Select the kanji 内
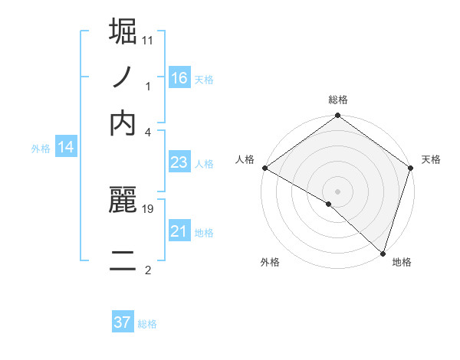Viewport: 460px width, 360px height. tap(123, 123)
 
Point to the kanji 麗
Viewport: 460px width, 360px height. tap(123, 201)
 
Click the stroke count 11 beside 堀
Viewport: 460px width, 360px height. tap(148, 38)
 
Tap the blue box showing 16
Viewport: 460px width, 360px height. tap(179, 77)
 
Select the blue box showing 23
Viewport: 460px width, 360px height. tap(179, 162)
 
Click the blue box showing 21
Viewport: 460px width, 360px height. tap(179, 231)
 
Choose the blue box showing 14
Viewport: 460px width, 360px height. tap(65, 148)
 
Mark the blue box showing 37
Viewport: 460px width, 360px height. tap(122, 322)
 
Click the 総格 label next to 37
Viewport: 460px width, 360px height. tap(147, 324)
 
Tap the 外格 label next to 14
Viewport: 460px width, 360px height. tap(41, 149)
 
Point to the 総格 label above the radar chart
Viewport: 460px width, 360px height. tap(338, 100)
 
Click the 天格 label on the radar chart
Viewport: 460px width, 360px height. tap(432, 159)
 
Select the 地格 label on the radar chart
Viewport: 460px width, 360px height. tap(402, 262)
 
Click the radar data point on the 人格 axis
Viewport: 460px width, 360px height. tap(264, 168)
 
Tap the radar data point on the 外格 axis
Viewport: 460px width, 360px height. tap(329, 204)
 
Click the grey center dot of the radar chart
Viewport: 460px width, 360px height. tap(337, 191)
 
